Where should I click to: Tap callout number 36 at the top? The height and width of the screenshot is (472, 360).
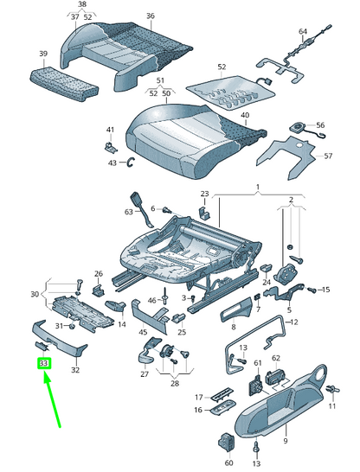(150, 16)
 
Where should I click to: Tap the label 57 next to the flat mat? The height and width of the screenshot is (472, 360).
(328, 156)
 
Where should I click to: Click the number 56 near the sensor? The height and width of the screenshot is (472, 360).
(320, 125)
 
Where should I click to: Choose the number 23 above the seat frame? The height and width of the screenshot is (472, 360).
(205, 194)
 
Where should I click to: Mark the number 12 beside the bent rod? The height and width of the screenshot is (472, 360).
(292, 322)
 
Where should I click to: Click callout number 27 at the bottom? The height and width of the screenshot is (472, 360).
(145, 375)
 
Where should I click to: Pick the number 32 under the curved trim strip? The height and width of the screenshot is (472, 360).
(75, 370)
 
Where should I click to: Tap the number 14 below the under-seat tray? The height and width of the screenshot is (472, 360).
(121, 324)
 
